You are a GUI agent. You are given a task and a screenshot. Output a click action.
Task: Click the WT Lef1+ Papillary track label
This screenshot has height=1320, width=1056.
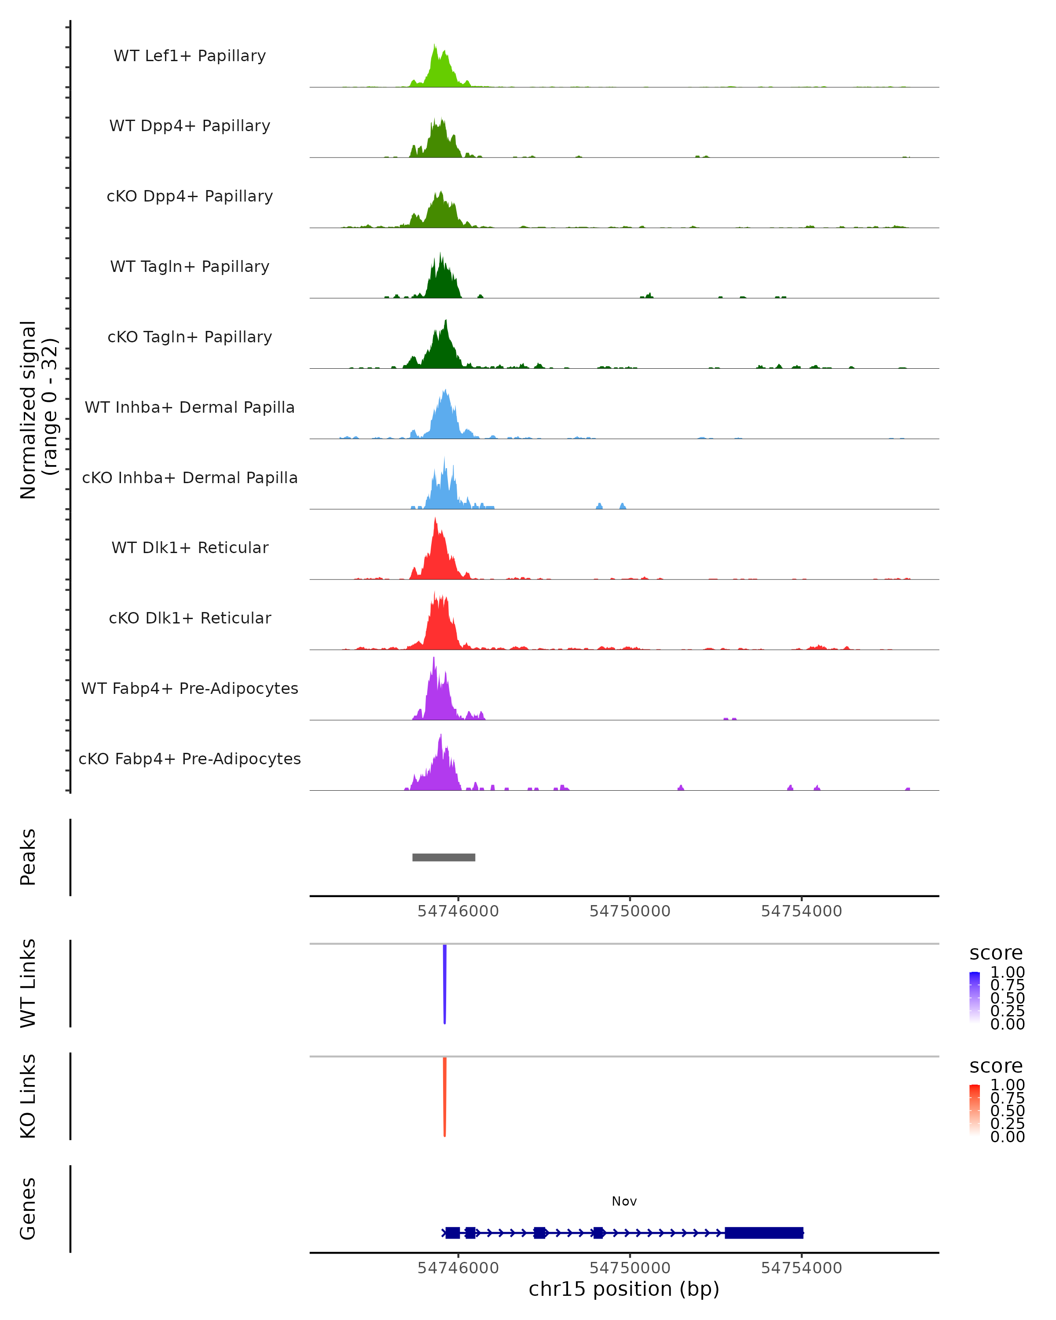pos(190,56)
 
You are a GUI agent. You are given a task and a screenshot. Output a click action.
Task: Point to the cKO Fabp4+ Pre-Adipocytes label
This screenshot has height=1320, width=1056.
pos(190,759)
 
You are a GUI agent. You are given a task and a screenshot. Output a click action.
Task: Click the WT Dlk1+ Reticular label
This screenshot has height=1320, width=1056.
pos(190,548)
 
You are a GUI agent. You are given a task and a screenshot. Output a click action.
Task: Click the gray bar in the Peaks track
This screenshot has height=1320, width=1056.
pos(444,857)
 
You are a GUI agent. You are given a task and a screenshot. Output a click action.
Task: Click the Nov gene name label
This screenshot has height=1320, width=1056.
pos(624,1201)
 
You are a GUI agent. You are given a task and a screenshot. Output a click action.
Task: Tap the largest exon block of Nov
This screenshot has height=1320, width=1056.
pos(763,1232)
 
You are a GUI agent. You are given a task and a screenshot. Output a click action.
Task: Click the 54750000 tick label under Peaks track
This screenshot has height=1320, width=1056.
pos(630,911)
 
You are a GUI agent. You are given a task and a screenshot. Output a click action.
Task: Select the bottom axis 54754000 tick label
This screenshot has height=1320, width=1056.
pos(801,1268)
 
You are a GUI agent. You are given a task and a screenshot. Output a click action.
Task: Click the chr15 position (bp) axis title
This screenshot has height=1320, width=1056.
pos(624,1289)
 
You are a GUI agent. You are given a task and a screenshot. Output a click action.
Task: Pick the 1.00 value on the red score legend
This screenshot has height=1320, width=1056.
pos(1007,1085)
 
